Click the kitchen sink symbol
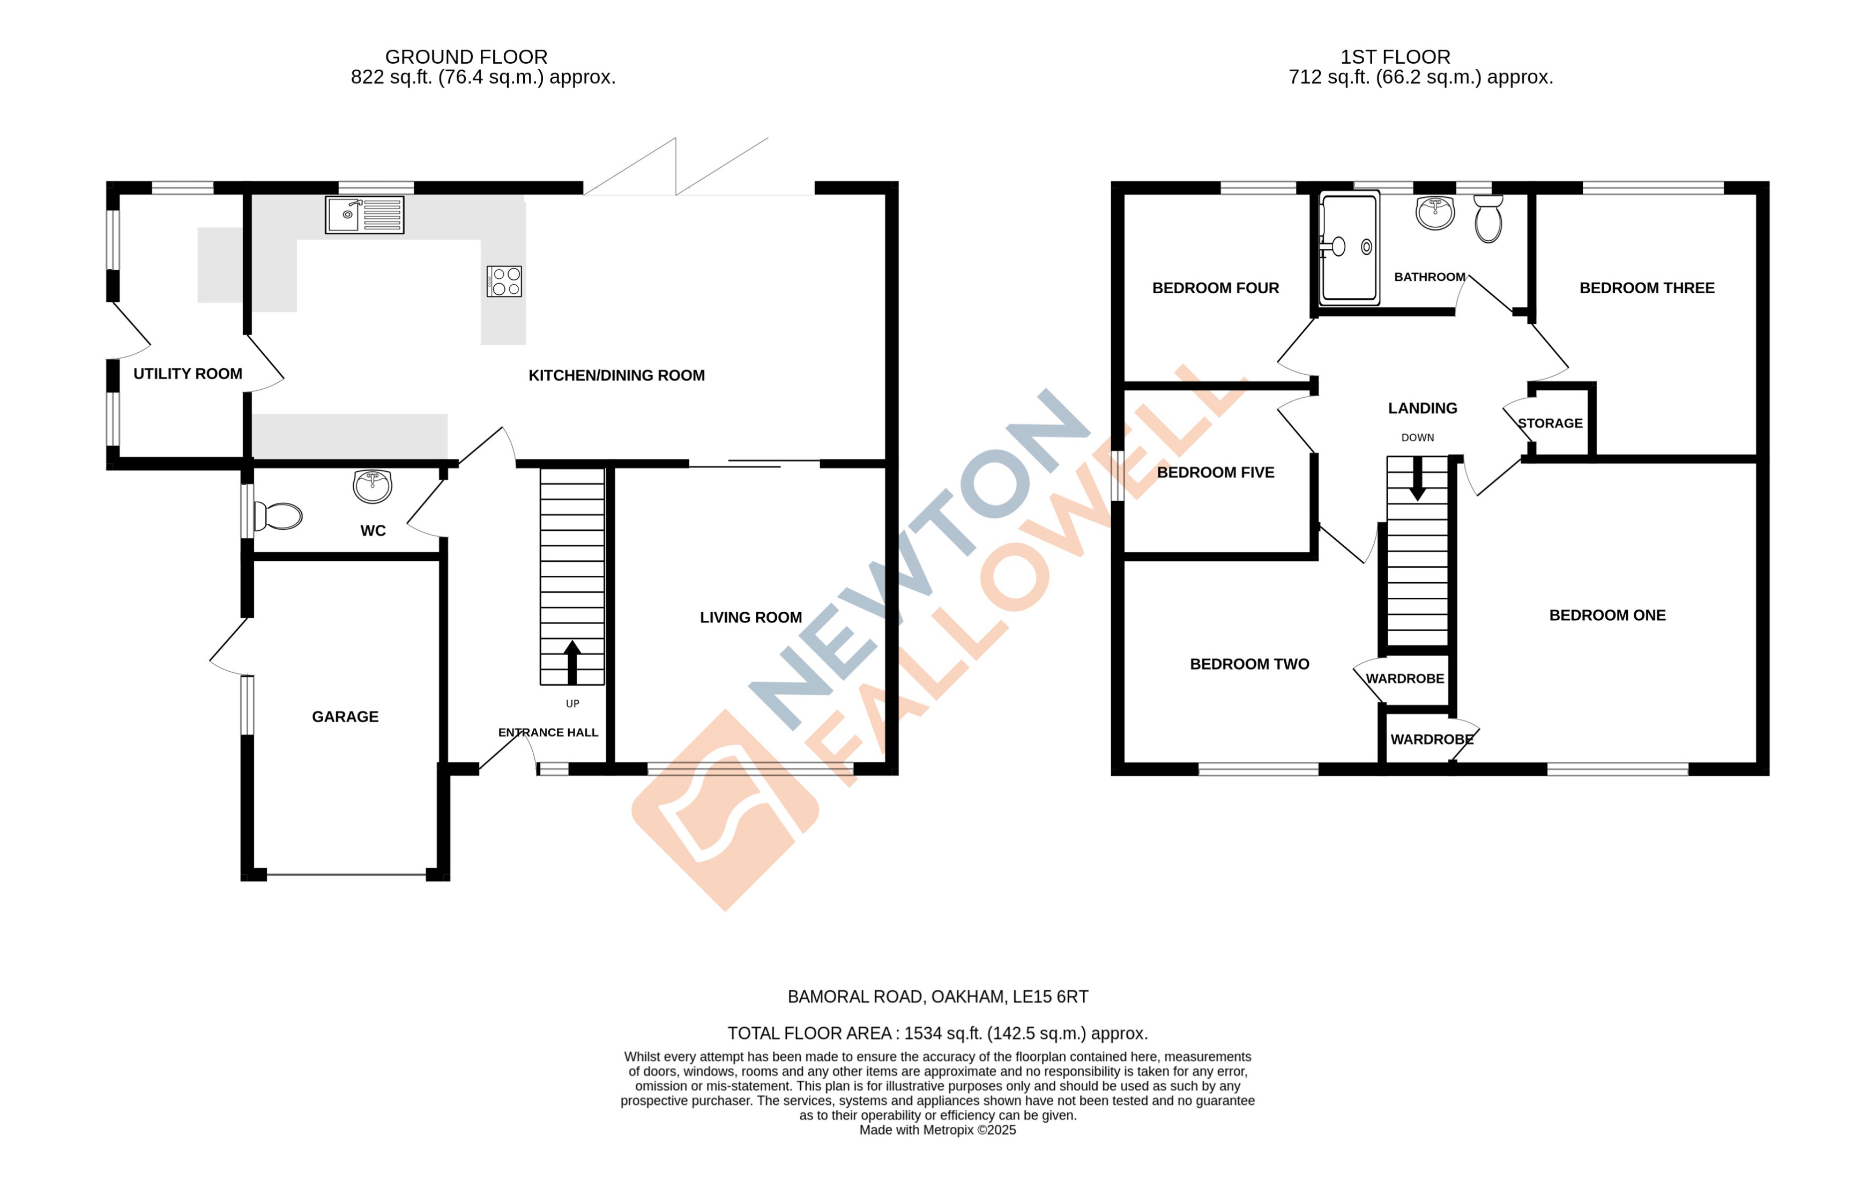[x=364, y=215]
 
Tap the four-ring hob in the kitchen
[x=504, y=281]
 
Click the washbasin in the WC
[x=373, y=486]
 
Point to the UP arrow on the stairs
[x=572, y=662]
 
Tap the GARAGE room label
[x=345, y=717]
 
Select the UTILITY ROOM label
[x=188, y=374]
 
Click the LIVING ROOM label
[x=750, y=618]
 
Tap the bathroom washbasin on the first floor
[x=1435, y=212]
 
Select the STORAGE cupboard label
[x=1550, y=424]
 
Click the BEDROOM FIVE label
[x=1215, y=473]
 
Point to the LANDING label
[x=1422, y=408]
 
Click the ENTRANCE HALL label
[x=548, y=732]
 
